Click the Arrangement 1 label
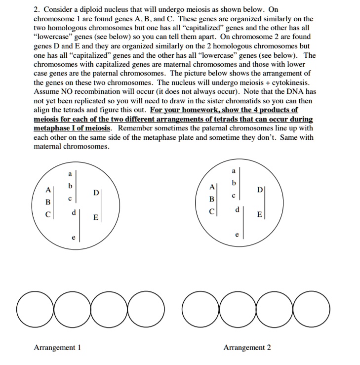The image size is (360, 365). pyautogui.click(x=57, y=348)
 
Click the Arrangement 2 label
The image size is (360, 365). pyautogui.click(x=247, y=348)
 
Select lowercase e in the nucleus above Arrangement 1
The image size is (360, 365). pyautogui.click(x=74, y=238)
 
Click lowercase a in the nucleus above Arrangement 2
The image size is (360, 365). pyautogui.click(x=233, y=171)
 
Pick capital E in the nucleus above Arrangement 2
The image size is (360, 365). pyautogui.click(x=259, y=215)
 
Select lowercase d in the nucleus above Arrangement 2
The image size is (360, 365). pyautogui.click(x=238, y=209)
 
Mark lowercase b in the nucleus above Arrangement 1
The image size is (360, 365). pyautogui.click(x=70, y=186)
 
